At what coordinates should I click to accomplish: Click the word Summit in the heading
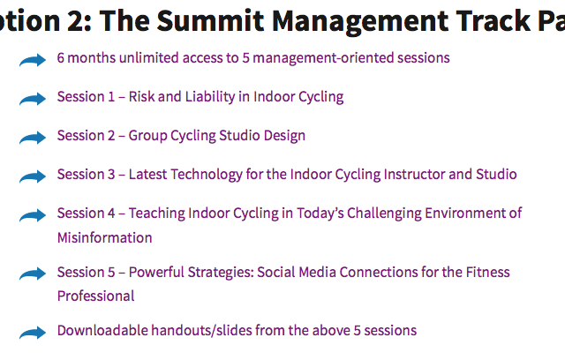click(210, 20)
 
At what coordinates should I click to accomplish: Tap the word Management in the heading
click(359, 22)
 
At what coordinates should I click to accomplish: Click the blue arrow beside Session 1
click(33, 99)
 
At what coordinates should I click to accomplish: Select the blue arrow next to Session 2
click(33, 138)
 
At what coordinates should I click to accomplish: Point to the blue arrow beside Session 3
click(33, 176)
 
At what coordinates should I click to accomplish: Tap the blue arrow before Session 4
click(33, 215)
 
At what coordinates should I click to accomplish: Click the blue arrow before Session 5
click(33, 274)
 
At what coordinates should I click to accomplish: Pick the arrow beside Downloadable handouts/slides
click(33, 333)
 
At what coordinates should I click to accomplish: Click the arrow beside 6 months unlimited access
click(33, 60)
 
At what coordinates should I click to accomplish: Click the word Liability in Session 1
click(210, 97)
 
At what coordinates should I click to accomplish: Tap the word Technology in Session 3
click(207, 175)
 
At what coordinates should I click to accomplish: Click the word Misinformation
click(104, 237)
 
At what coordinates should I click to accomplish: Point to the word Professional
click(96, 296)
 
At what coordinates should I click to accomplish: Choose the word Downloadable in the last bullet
click(102, 331)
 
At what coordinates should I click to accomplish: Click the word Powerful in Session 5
click(156, 272)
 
